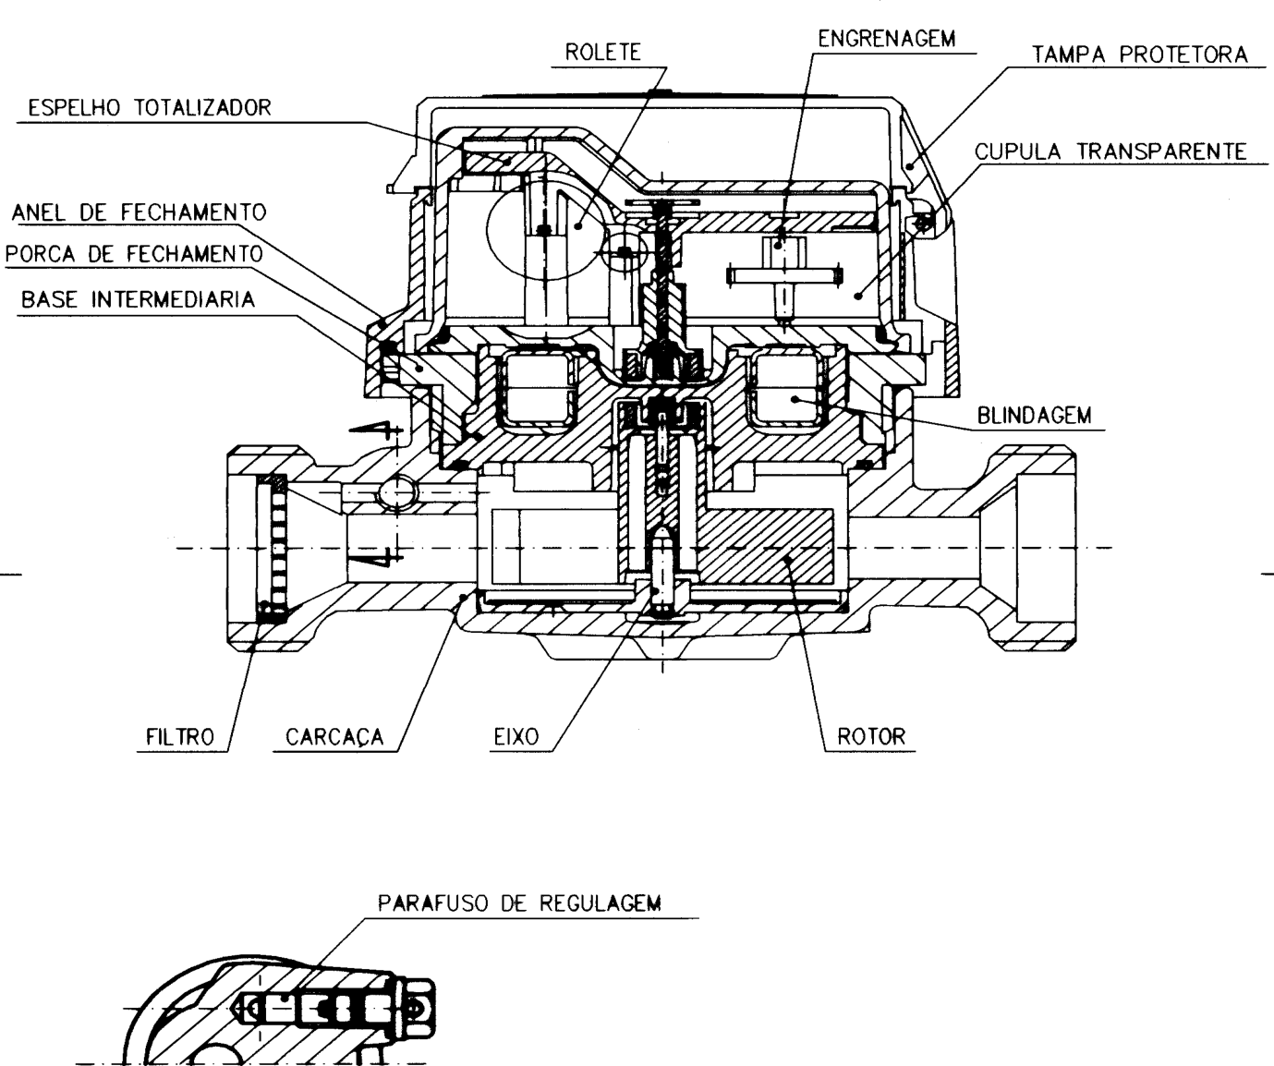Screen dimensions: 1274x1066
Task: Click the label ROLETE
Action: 603,52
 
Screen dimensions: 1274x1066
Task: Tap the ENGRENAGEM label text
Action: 887,39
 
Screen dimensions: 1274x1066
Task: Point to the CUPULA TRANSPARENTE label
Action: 1110,151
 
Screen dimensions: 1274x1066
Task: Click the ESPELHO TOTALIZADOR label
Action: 150,107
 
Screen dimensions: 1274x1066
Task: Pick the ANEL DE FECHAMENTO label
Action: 140,212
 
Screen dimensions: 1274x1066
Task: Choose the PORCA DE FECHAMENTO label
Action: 134,254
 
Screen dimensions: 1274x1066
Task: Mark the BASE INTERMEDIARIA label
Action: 138,299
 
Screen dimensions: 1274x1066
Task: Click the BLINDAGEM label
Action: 1034,416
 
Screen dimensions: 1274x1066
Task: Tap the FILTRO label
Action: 180,737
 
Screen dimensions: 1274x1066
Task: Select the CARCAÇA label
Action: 334,737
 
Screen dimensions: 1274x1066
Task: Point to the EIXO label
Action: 516,737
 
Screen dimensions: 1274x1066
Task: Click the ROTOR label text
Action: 871,737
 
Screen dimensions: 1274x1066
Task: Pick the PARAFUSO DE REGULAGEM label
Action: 519,903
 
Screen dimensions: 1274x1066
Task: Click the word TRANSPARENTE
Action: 1161,151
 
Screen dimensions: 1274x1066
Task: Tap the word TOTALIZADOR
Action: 202,107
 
